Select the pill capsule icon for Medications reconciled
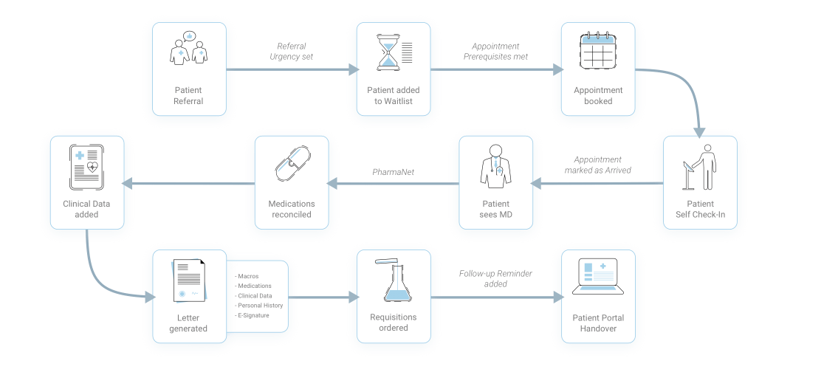(292, 165)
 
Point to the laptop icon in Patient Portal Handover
(598, 276)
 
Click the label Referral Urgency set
(291, 52)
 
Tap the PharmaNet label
(393, 172)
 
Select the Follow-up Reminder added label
(495, 278)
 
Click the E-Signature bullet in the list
(252, 315)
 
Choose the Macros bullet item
(247, 276)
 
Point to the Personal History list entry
(258, 305)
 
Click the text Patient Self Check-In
(700, 209)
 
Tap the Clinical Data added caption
(86, 209)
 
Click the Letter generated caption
(188, 323)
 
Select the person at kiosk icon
(699, 167)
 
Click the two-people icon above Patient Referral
(189, 48)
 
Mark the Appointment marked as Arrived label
(597, 165)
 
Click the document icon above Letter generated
(189, 281)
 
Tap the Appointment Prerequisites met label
(495, 52)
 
